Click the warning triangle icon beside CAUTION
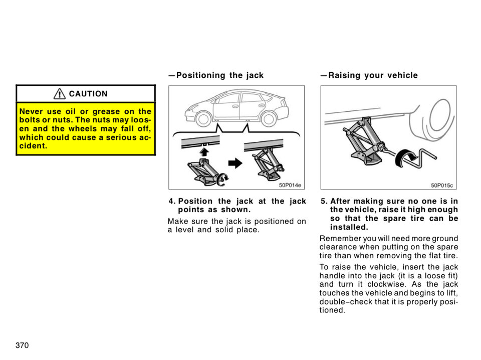pyautogui.click(x=60, y=94)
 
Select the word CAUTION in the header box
pyautogui.click(x=88, y=94)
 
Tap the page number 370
pyautogui.click(x=22, y=345)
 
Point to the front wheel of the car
pyautogui.click(x=203, y=119)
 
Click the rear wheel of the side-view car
pyautogui.click(x=269, y=118)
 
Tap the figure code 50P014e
pyautogui.click(x=290, y=185)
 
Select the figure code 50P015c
pyautogui.click(x=442, y=185)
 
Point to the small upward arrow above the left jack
pyautogui.click(x=204, y=151)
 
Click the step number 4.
pyautogui.click(x=171, y=202)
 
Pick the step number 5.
pyautogui.click(x=324, y=202)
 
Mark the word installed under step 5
pyautogui.click(x=348, y=227)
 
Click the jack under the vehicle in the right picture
pyautogui.click(x=363, y=142)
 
